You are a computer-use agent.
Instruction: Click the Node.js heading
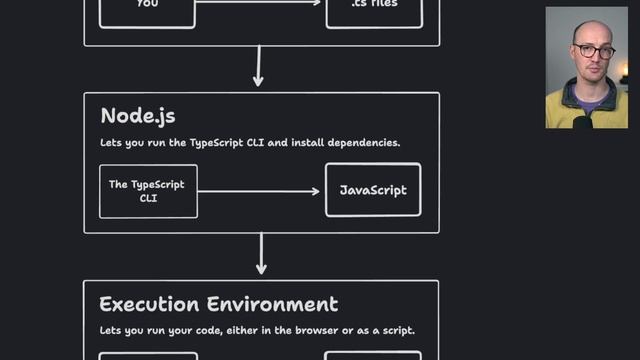click(138, 116)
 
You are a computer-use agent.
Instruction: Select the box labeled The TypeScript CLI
click(148, 191)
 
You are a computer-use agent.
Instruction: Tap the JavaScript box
click(373, 190)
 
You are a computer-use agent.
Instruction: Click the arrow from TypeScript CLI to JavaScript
click(261, 191)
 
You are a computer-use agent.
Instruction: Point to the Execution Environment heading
click(218, 304)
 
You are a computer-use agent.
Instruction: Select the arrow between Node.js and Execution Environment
click(261, 254)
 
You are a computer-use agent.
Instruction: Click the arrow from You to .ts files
click(261, 3)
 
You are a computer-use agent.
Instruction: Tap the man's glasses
click(594, 50)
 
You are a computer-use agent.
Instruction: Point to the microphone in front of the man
click(582, 121)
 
